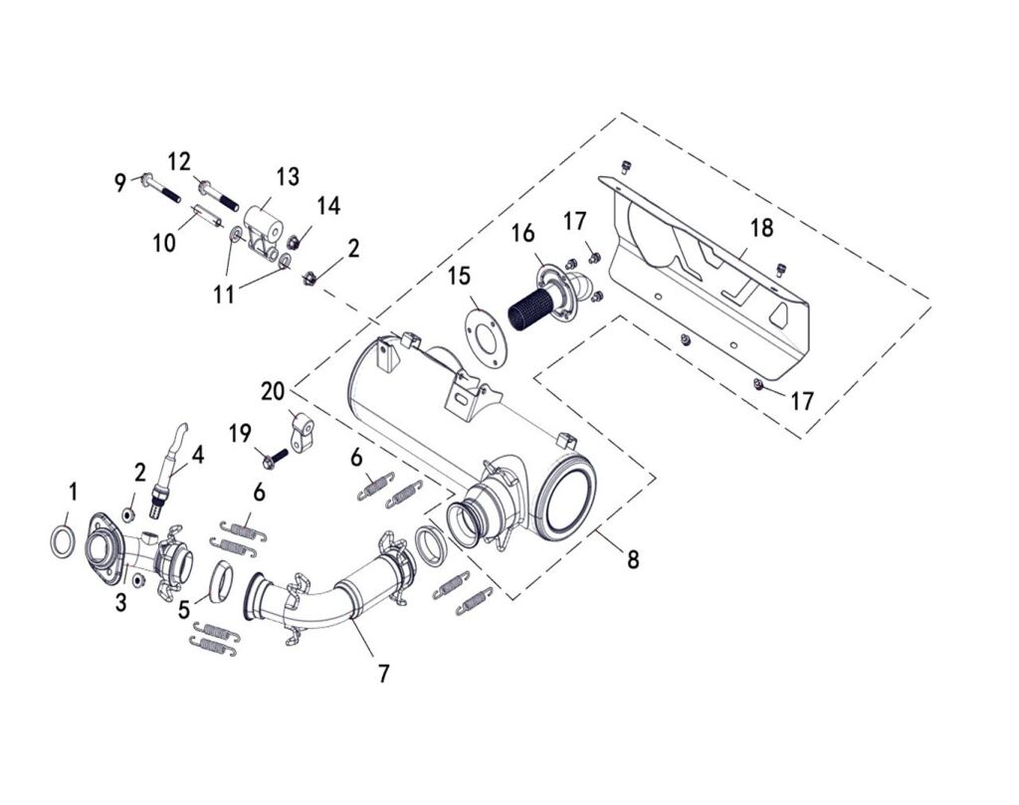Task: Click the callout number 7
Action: click(383, 673)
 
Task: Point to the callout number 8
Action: click(633, 559)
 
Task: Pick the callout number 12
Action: click(179, 161)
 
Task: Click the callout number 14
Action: click(328, 206)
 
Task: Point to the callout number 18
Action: click(761, 228)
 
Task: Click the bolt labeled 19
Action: click(276, 458)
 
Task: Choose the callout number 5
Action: click(184, 609)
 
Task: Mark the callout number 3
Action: click(120, 603)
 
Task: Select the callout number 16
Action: click(522, 234)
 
